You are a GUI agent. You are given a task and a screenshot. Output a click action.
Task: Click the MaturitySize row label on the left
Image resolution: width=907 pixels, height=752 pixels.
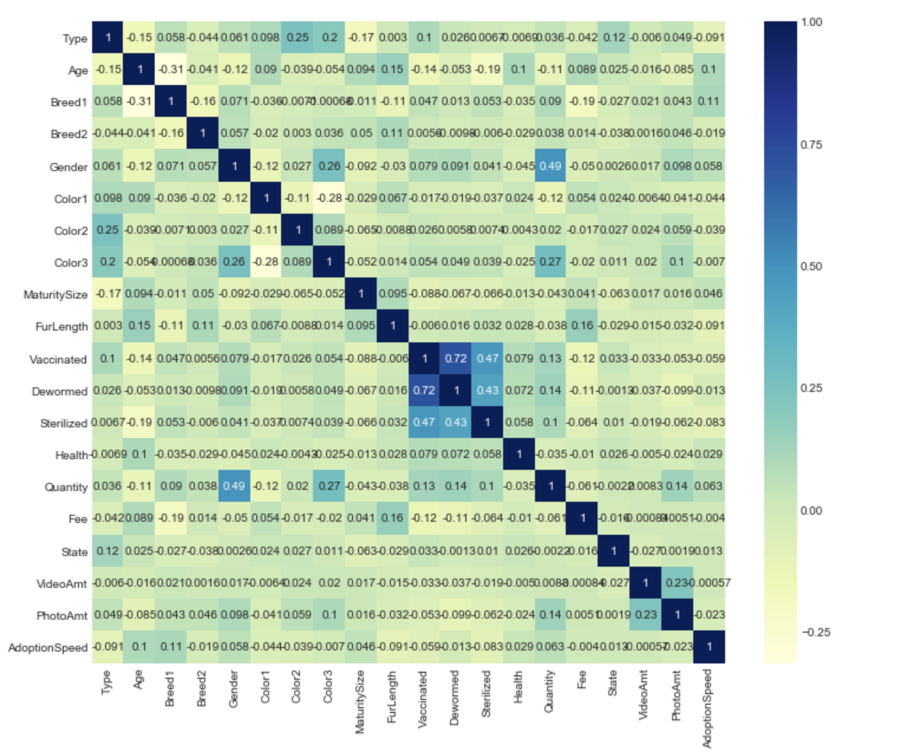click(55, 295)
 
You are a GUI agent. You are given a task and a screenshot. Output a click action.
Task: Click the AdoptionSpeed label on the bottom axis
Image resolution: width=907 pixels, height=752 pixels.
click(708, 708)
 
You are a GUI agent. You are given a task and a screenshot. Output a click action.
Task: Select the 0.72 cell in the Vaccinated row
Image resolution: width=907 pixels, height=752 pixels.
click(456, 358)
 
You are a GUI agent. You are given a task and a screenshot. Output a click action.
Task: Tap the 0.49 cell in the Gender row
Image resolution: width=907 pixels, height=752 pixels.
click(550, 166)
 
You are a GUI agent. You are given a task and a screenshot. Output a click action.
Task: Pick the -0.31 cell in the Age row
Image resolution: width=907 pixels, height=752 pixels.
click(171, 70)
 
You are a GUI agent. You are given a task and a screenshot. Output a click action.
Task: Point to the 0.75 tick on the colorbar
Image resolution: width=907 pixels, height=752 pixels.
click(810, 145)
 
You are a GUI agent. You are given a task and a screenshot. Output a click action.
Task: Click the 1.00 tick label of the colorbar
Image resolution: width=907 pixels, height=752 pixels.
click(811, 22)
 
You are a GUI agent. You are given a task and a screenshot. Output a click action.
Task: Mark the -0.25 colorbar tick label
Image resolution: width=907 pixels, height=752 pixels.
click(816, 632)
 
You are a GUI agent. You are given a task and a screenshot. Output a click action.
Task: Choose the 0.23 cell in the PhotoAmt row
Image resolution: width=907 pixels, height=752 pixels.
click(646, 614)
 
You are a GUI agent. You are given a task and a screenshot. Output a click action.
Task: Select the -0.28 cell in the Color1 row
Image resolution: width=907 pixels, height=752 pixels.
click(329, 198)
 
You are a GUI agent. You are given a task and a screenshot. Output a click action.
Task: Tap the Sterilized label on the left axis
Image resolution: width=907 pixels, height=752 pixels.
click(63, 423)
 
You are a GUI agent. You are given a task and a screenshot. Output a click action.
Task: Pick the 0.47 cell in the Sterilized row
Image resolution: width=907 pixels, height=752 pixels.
click(424, 422)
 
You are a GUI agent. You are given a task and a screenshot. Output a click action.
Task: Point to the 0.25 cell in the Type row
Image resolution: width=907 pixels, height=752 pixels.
click(298, 37)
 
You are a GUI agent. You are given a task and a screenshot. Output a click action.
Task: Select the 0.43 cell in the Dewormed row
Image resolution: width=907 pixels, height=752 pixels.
click(488, 390)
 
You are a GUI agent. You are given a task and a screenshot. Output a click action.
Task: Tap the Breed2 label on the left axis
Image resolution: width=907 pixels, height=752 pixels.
click(68, 134)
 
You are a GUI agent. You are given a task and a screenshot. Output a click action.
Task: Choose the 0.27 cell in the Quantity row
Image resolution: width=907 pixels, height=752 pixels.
click(329, 486)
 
